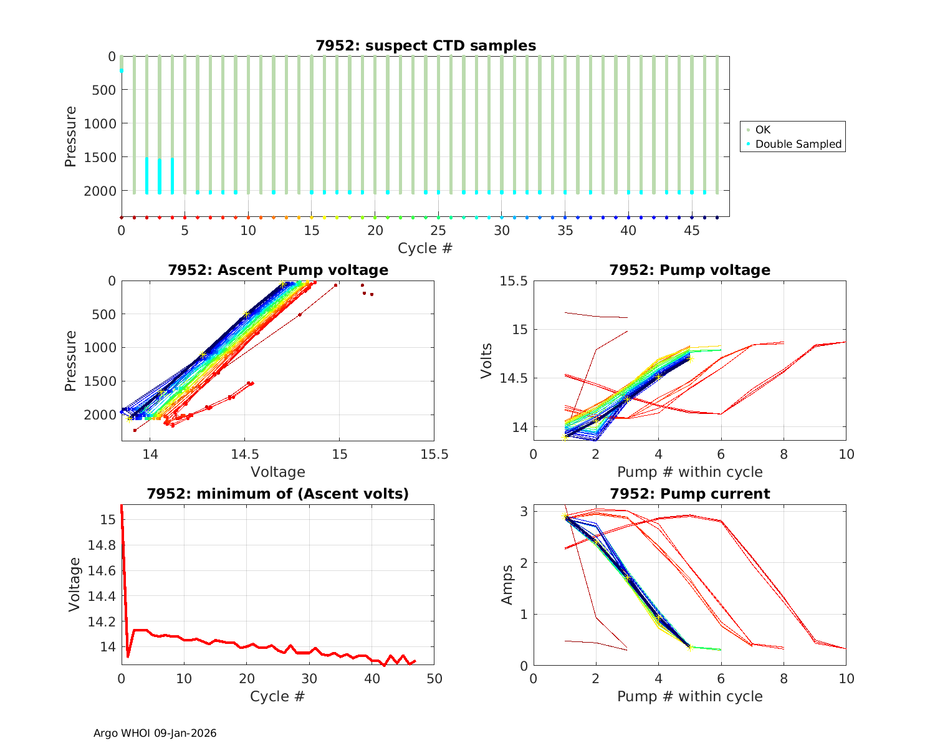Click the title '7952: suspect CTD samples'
tap(425, 46)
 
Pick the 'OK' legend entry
tap(762, 130)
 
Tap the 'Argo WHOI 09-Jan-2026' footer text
tap(155, 733)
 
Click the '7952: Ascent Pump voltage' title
tap(277, 270)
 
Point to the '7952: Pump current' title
tap(689, 494)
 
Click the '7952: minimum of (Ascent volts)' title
tap(277, 494)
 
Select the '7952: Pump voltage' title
tap(689, 270)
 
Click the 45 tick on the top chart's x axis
tap(692, 230)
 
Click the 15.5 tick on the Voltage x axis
tap(434, 454)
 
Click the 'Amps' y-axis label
tap(507, 585)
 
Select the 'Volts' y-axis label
tap(487, 361)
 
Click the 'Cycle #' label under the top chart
tap(425, 248)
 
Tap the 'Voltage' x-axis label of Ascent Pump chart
tap(277, 472)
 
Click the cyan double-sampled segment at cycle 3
tap(160, 176)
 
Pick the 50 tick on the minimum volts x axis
tap(434, 678)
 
